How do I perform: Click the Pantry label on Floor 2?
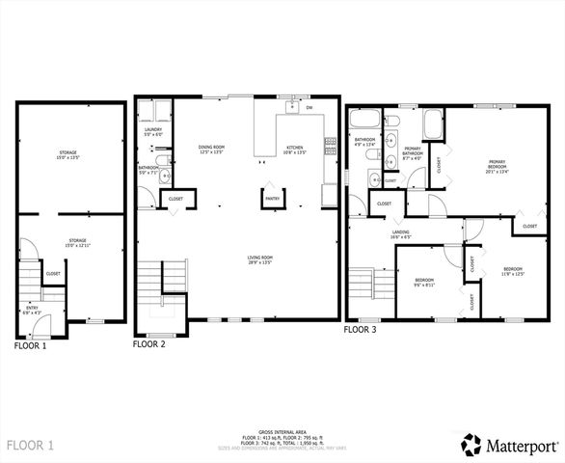(272, 201)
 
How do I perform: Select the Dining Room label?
(211, 149)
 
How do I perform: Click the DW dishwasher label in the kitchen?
(309, 107)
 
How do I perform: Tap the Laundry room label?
(153, 131)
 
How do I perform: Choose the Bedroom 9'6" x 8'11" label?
(425, 284)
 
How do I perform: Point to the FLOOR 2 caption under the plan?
(149, 343)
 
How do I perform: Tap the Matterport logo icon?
(471, 446)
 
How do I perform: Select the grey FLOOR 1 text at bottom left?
(32, 446)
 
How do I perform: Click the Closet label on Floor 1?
(53, 274)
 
